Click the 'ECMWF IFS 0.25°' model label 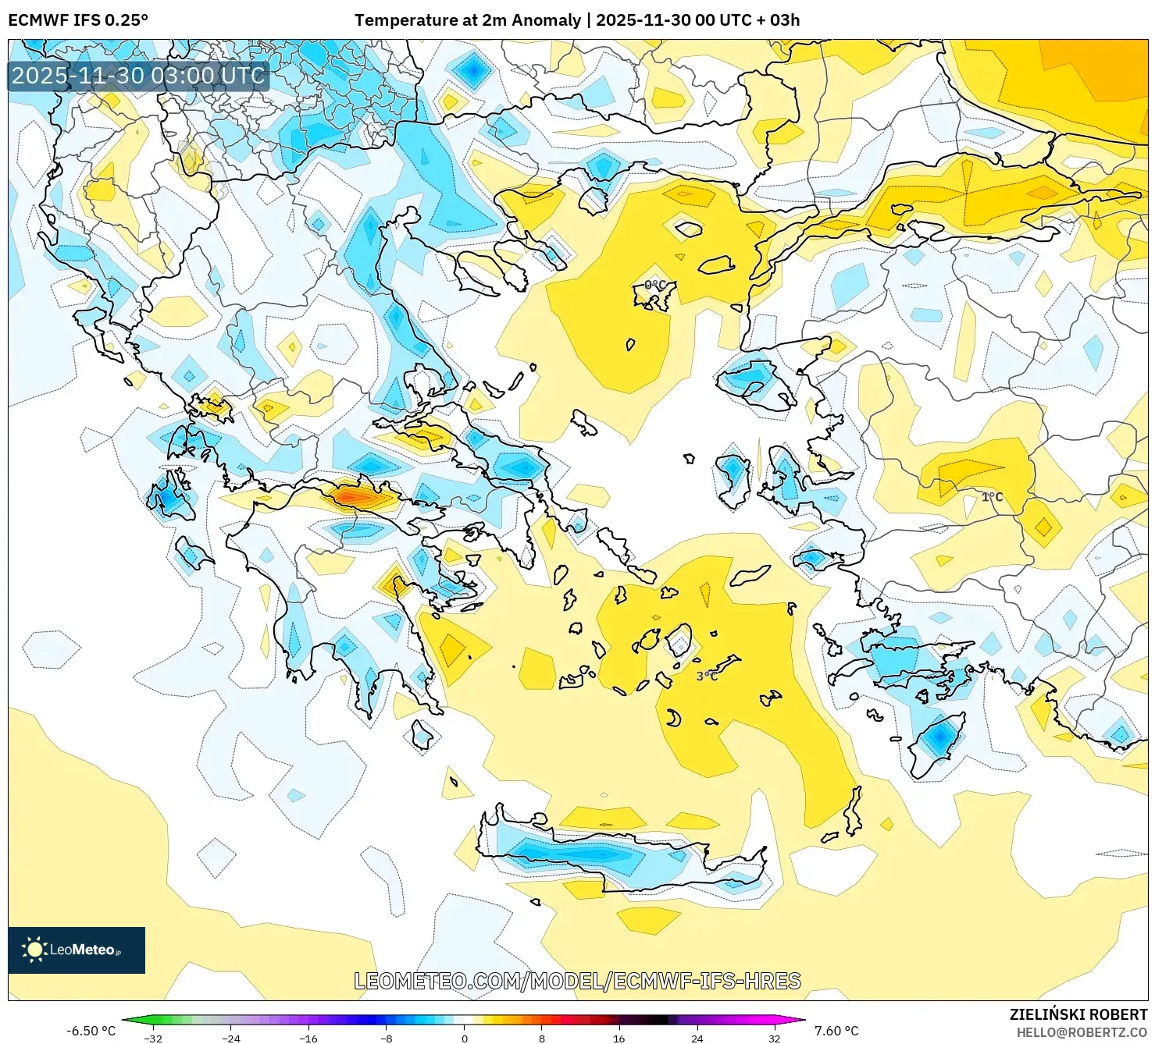click(78, 20)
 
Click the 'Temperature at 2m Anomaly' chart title click(467, 20)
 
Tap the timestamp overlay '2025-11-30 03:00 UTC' click(138, 76)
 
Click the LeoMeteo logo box click(77, 950)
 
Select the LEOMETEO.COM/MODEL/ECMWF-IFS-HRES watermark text click(577, 981)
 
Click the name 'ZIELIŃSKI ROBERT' click(1078, 1014)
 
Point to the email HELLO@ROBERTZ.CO click(1081, 1032)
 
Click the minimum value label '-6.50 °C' click(91, 1031)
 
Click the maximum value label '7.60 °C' click(836, 1031)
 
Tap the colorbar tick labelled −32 click(153, 1038)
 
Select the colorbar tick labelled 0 click(465, 1038)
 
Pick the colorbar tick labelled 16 click(619, 1038)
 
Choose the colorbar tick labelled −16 click(308, 1038)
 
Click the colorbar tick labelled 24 click(697, 1038)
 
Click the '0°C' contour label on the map click(655, 285)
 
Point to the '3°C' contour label click(707, 676)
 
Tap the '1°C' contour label click(992, 497)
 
